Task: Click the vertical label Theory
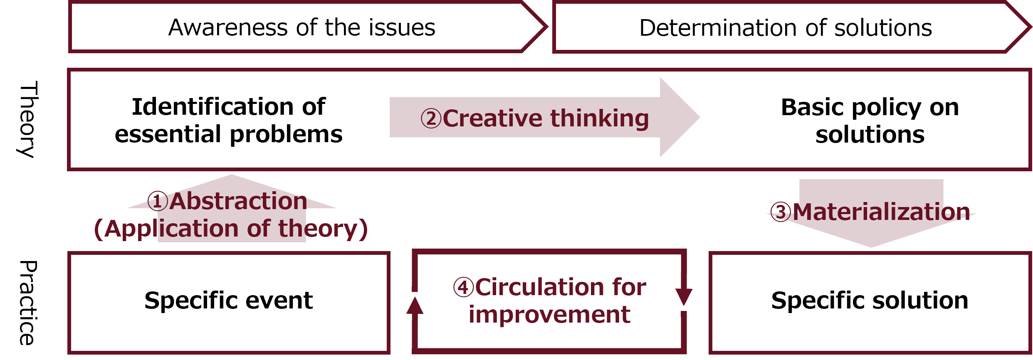pyautogui.click(x=28, y=119)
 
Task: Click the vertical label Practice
pyautogui.click(x=28, y=303)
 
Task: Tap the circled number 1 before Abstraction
pyautogui.click(x=158, y=202)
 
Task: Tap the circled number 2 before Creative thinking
pyautogui.click(x=431, y=118)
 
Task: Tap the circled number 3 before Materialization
pyautogui.click(x=781, y=212)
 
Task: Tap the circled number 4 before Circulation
pyautogui.click(x=463, y=287)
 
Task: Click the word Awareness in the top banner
pyautogui.click(x=228, y=28)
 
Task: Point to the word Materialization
pyautogui.click(x=881, y=212)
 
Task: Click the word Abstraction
pyautogui.click(x=238, y=202)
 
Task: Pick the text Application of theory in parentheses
pyautogui.click(x=231, y=229)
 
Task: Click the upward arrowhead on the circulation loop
pyautogui.click(x=415, y=306)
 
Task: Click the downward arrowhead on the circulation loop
pyautogui.click(x=684, y=296)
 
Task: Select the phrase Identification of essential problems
pyautogui.click(x=228, y=121)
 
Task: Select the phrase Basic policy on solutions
pyautogui.click(x=870, y=121)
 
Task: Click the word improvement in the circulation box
pyautogui.click(x=549, y=315)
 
